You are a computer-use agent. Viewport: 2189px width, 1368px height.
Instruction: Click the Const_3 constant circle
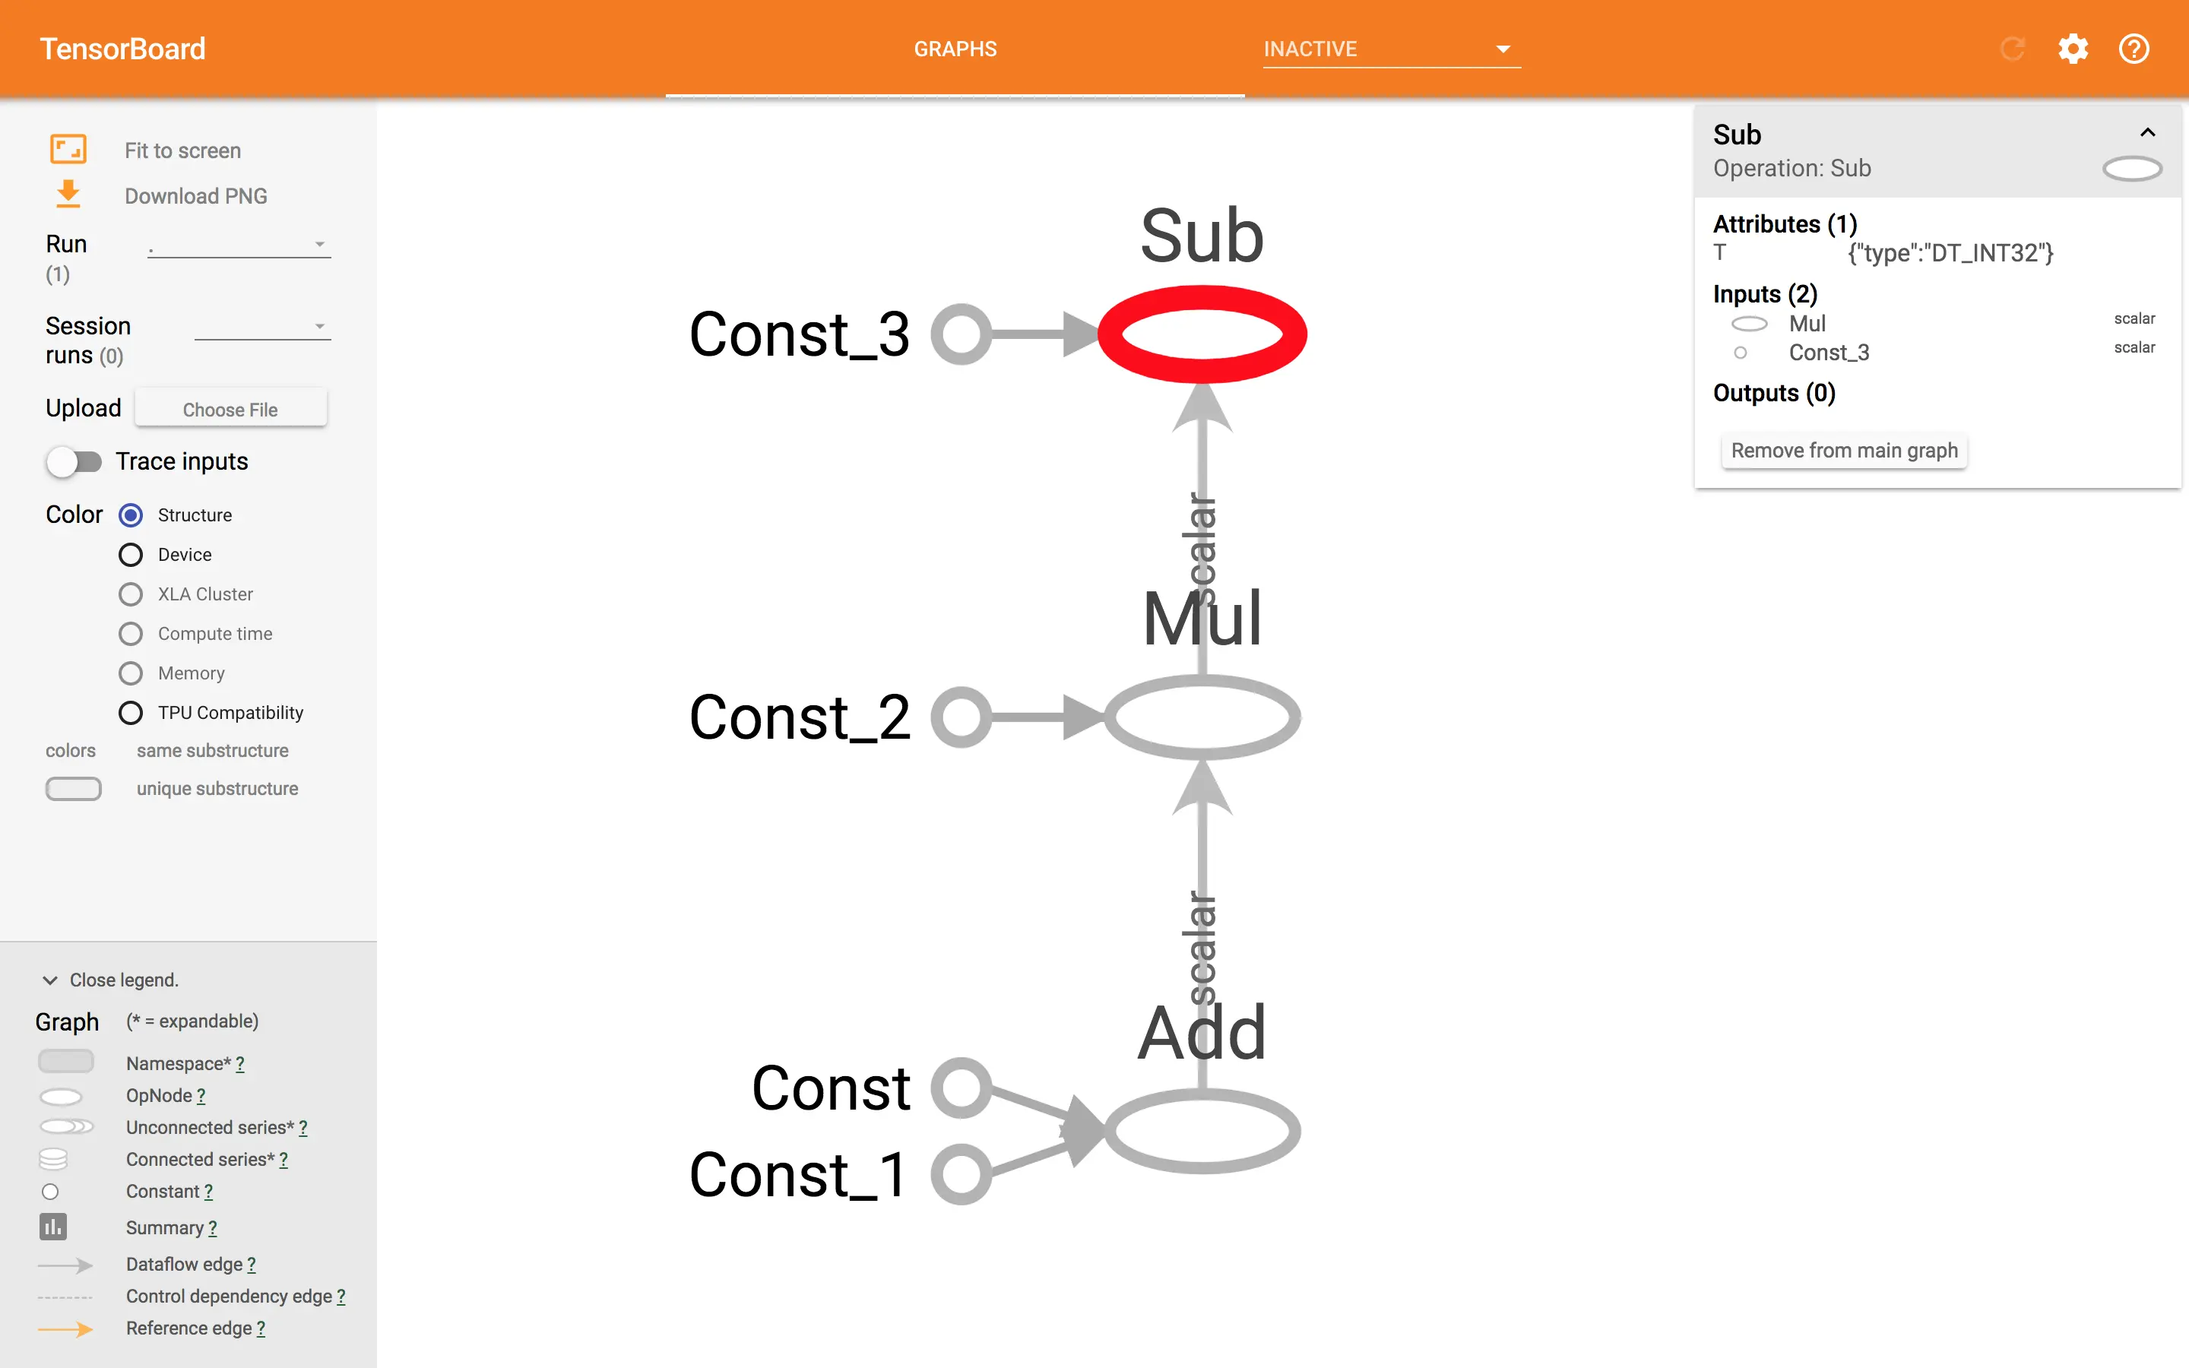point(961,334)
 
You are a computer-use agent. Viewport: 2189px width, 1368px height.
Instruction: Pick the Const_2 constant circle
point(961,717)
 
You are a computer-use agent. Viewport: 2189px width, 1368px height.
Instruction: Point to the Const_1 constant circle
point(961,1174)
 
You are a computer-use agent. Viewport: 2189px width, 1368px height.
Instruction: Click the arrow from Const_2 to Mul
point(1041,717)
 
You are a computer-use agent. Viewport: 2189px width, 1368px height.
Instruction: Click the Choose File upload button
point(230,409)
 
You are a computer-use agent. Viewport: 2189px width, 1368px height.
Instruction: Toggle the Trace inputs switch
point(74,461)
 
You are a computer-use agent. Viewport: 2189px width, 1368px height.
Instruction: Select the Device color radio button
point(131,555)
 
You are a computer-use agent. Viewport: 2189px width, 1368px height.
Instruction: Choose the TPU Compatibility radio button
point(131,713)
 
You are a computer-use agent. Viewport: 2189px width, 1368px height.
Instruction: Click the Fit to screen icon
point(68,149)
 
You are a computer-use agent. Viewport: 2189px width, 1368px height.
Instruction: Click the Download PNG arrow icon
point(68,195)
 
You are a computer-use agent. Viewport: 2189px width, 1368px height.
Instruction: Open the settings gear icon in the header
point(2072,49)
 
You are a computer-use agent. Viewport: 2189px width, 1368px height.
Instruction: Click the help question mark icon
point(2134,49)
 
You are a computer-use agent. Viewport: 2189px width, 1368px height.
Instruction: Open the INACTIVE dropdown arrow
point(1503,49)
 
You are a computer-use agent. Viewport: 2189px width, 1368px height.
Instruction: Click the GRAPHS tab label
point(955,49)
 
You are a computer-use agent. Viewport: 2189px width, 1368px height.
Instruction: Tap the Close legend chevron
point(49,980)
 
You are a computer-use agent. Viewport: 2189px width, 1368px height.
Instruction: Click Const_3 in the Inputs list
point(1828,353)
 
